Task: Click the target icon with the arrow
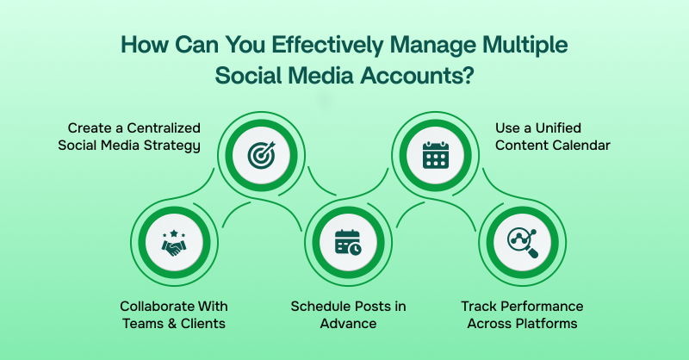259,155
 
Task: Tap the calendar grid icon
435,155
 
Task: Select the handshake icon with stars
174,244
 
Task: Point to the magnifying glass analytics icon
522,244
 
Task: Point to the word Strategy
171,145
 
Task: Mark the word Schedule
319,307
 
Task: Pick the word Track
478,307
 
